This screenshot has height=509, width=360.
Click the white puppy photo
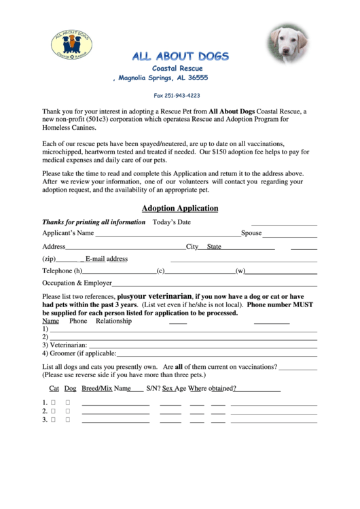tap(289, 42)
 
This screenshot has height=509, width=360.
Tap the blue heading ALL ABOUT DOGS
tap(180, 56)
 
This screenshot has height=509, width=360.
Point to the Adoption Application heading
tap(180, 209)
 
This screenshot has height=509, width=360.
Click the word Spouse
tap(251, 234)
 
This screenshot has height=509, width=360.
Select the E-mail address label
tap(107, 259)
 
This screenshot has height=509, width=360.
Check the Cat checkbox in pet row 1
tap(52, 402)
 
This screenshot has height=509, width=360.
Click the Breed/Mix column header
tap(96, 389)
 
